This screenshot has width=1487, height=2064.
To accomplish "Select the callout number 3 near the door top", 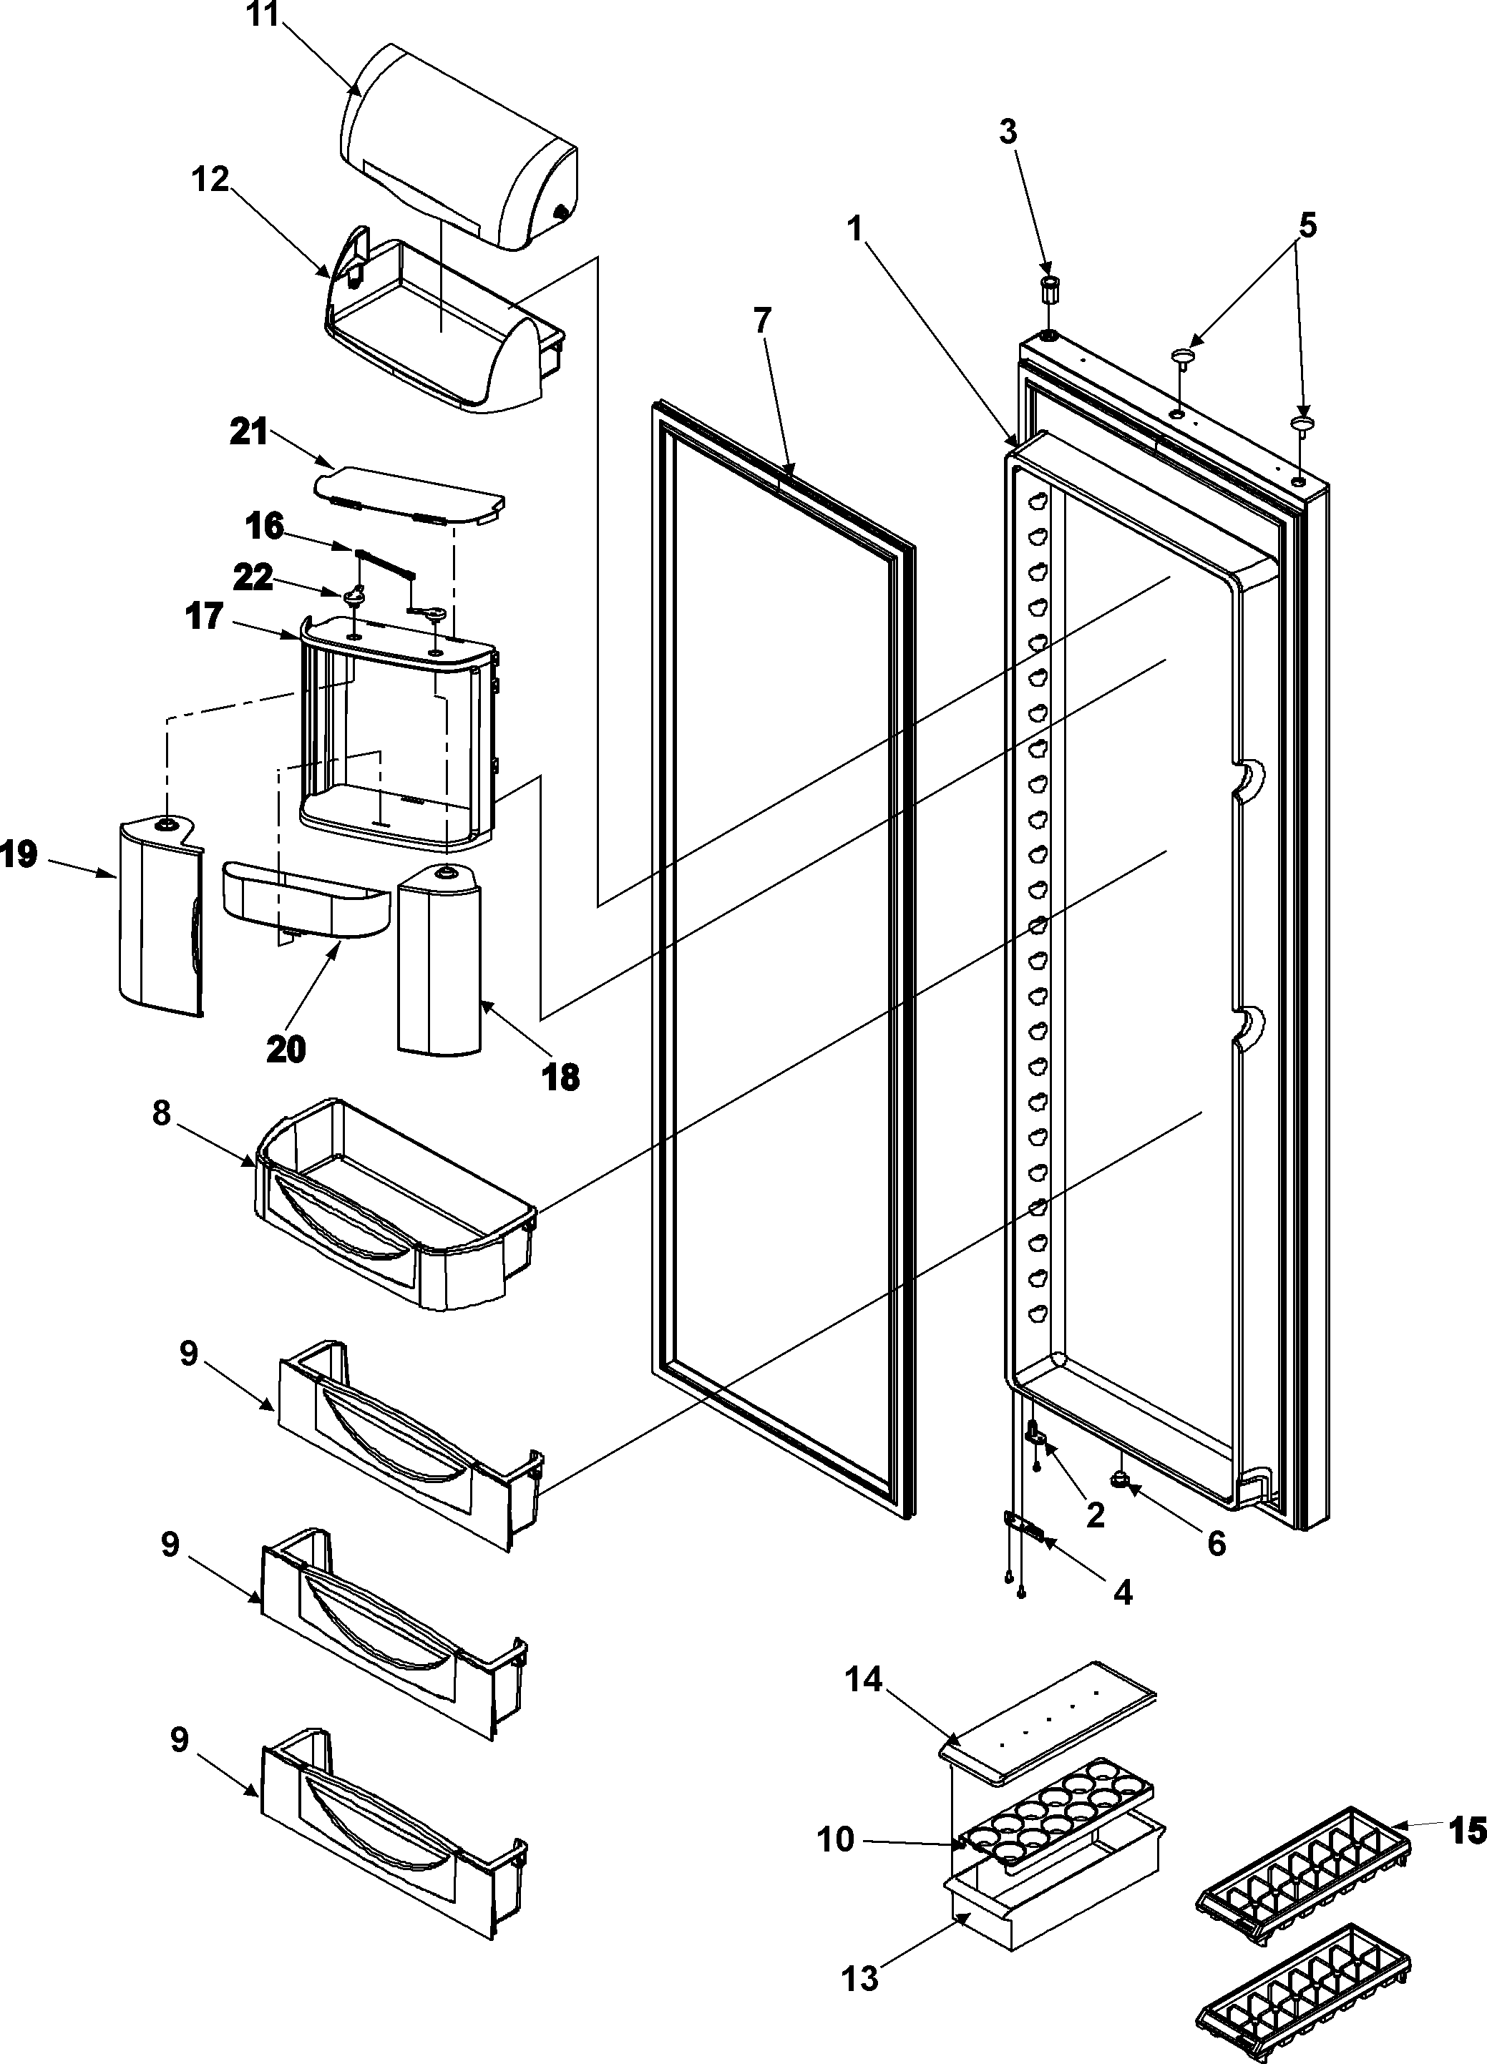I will coord(1008,132).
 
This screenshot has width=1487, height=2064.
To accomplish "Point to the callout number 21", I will coord(248,431).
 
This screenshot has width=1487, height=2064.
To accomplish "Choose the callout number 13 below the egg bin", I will coord(860,1977).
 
